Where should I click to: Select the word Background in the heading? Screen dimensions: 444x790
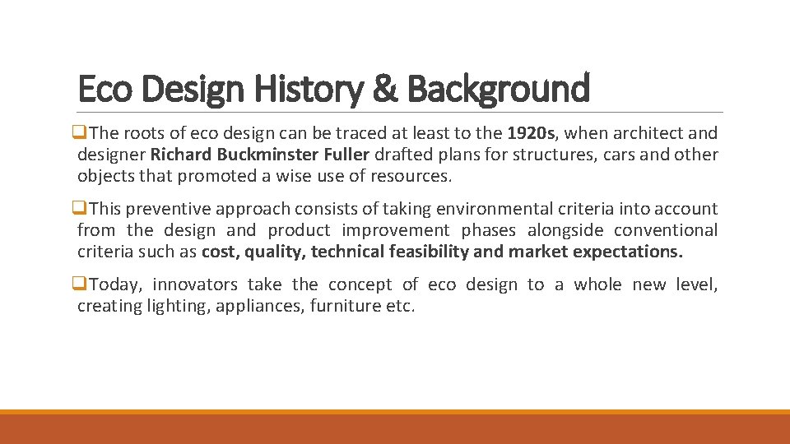[x=498, y=89]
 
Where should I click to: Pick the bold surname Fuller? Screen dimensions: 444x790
[x=346, y=155]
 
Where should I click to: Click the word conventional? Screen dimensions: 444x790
[x=666, y=231]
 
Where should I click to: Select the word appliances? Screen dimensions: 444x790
[x=263, y=307]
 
